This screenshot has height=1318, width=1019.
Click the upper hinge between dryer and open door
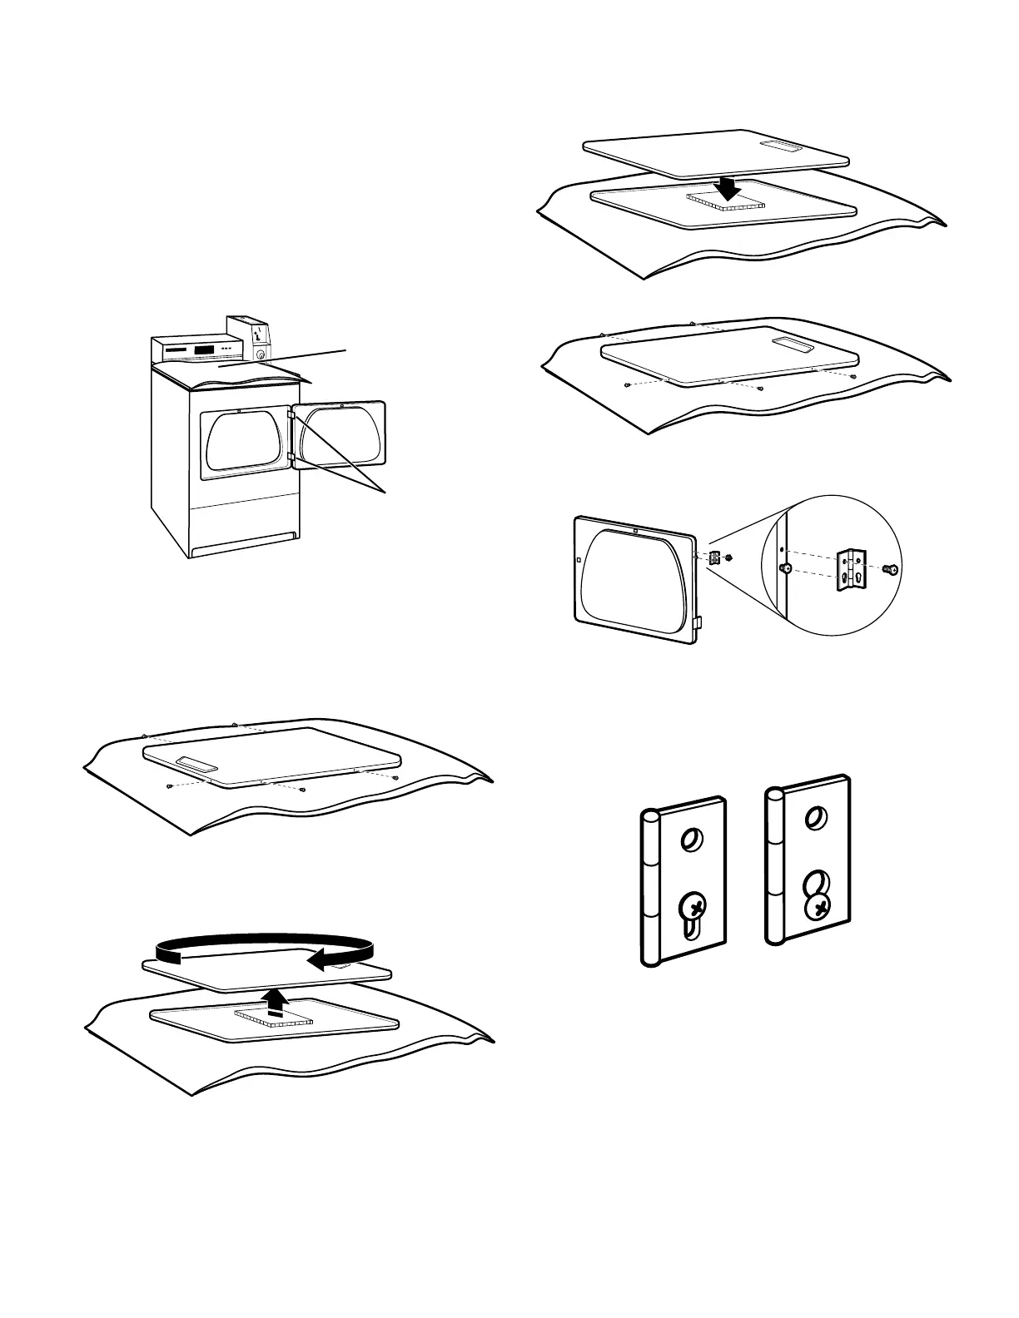[291, 413]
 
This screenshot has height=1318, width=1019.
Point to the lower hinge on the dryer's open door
[291, 456]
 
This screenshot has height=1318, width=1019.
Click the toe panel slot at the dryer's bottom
[244, 546]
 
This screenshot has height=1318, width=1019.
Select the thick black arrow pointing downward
[729, 188]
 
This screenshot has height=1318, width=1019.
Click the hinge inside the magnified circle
[851, 568]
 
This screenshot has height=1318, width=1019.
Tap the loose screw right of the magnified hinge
[889, 570]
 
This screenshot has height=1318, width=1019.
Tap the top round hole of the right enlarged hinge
[816, 820]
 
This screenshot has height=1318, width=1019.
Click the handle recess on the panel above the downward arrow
[785, 147]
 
